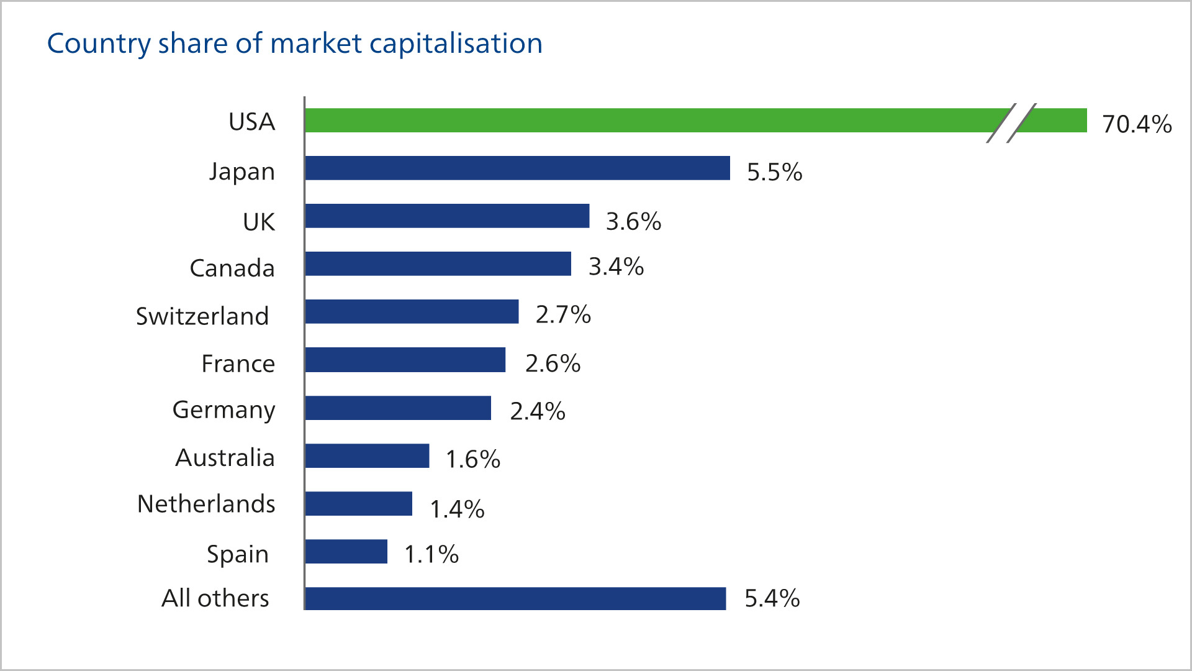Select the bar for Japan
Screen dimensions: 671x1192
[x=517, y=168]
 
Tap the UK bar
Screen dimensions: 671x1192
[x=447, y=216]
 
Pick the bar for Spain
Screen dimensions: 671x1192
[x=346, y=552]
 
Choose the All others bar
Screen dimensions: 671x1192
[x=515, y=599]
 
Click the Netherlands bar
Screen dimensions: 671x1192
[x=358, y=504]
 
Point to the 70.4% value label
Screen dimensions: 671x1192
[x=1137, y=124]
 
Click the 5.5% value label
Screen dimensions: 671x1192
[x=774, y=172]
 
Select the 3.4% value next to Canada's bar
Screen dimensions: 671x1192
[x=616, y=267]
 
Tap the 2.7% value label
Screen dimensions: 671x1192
[x=563, y=314]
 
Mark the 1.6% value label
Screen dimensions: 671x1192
[x=472, y=459]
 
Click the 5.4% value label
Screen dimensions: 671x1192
[x=772, y=598]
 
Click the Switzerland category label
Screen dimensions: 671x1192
[x=202, y=316]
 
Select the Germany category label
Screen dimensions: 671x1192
[x=223, y=410]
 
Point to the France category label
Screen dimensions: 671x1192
[x=238, y=363]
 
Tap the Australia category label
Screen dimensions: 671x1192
[x=225, y=458]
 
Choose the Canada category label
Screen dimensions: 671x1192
[x=232, y=268]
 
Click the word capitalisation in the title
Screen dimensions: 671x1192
[x=456, y=44]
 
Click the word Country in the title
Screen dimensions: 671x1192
[x=99, y=44]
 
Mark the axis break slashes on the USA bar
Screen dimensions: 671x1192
[x=1011, y=122]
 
